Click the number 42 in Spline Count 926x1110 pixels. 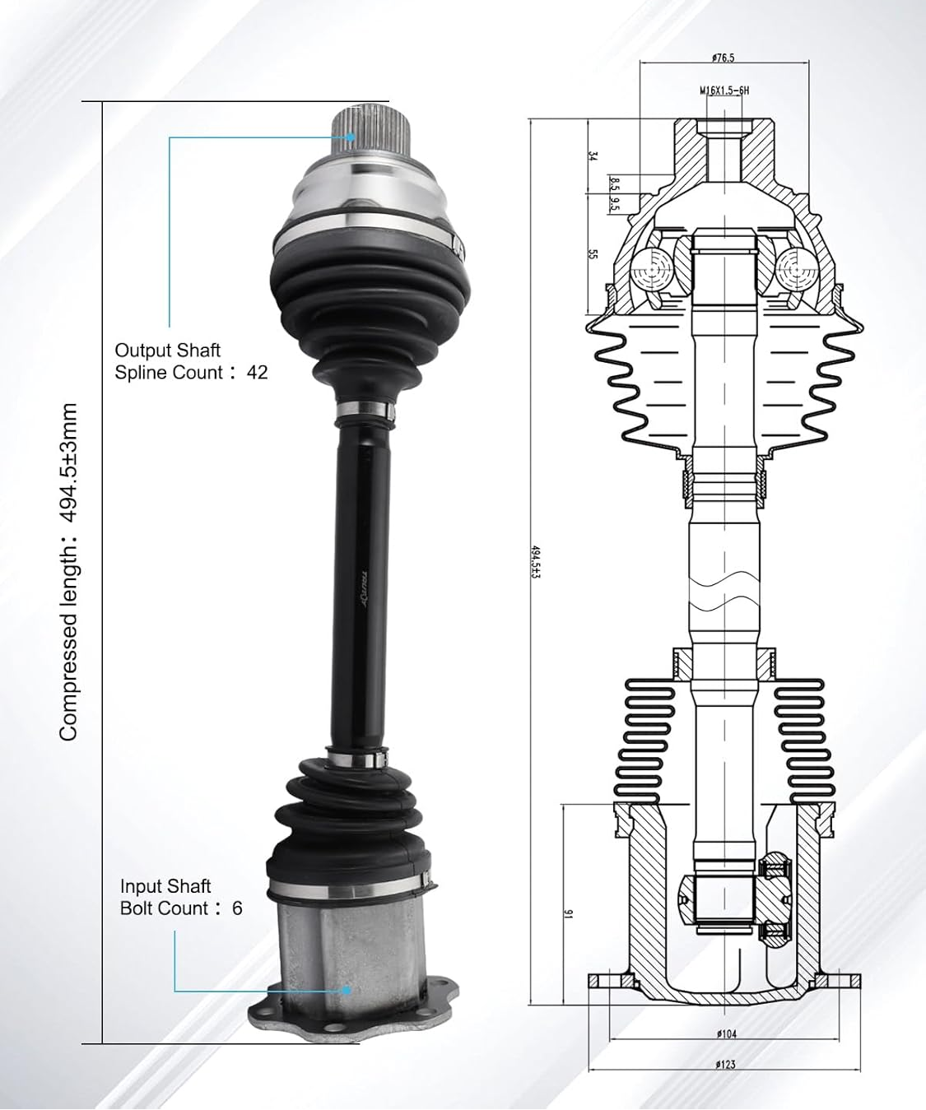click(x=257, y=373)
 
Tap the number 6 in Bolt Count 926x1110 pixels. click(x=237, y=908)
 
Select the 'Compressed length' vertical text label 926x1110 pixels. click(x=69, y=572)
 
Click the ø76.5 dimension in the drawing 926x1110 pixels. click(x=723, y=58)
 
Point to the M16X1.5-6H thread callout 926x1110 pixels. click(x=724, y=91)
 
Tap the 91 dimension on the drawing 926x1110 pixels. click(x=567, y=912)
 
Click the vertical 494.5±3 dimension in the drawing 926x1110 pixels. click(x=536, y=561)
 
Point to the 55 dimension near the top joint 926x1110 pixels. click(x=591, y=254)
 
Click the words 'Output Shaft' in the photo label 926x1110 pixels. click(x=167, y=351)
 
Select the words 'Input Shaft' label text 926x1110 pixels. click(x=165, y=886)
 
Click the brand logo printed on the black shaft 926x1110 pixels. click(x=363, y=589)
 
